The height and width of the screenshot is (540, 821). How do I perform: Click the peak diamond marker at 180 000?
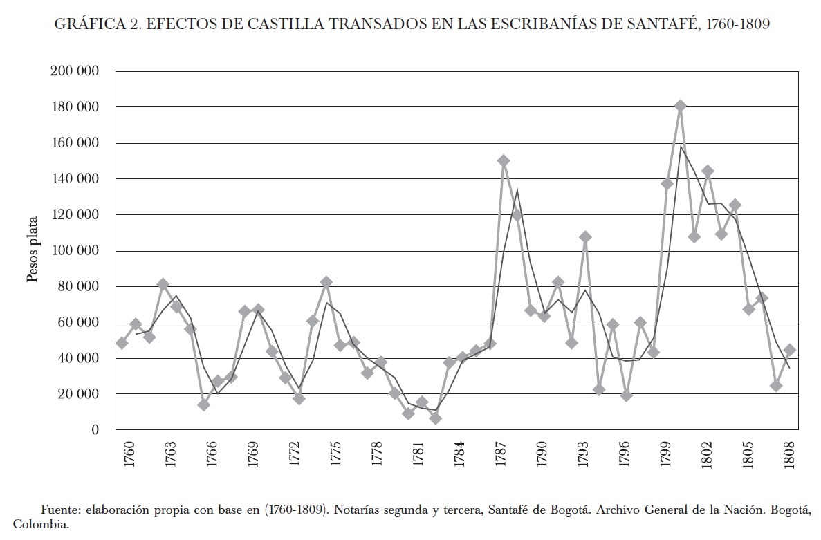pyautogui.click(x=680, y=106)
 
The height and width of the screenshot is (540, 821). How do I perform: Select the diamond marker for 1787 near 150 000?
pyautogui.click(x=504, y=160)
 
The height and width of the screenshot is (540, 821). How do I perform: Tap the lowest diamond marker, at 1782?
pyautogui.click(x=435, y=418)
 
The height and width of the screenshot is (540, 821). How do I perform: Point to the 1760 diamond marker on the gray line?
pyautogui.click(x=122, y=343)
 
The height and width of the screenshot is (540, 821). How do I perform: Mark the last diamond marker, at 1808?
pyautogui.click(x=789, y=350)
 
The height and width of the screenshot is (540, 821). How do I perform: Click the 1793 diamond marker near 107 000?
pyautogui.click(x=585, y=237)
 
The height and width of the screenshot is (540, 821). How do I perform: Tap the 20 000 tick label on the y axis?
pyautogui.click(x=77, y=394)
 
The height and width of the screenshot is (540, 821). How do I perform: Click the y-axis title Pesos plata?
pyautogui.click(x=33, y=250)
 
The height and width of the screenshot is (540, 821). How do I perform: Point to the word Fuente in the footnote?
pyautogui.click(x=59, y=510)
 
